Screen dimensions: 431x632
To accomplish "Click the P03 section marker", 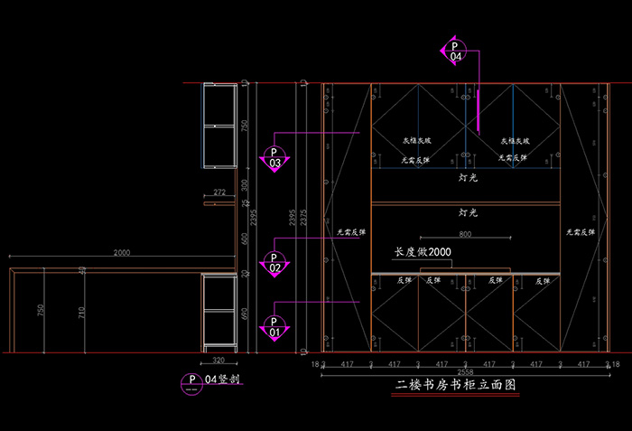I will point(274,157).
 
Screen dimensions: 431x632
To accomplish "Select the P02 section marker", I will point(274,262).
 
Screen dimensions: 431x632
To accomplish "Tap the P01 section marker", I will point(274,326).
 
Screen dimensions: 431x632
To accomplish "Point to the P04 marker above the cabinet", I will point(455,51).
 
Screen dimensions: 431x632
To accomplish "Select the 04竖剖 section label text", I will point(220,379).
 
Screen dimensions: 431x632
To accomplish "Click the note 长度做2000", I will point(423,252).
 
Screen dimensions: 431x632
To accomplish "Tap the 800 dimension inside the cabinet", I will point(465,235).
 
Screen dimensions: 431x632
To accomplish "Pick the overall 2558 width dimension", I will point(464,371).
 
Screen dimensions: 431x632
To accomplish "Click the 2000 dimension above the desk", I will point(121,253).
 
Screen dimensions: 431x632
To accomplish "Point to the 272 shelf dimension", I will point(219,192).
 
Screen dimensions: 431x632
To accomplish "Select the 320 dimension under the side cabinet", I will point(218,360).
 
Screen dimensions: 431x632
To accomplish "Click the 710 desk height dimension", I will point(82,314).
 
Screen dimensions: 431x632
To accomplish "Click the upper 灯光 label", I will point(468,178).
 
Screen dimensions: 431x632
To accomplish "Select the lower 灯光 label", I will point(468,213).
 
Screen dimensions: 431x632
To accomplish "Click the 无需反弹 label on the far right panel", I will point(580,232).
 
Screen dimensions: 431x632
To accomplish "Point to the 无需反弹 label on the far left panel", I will point(351,232).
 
